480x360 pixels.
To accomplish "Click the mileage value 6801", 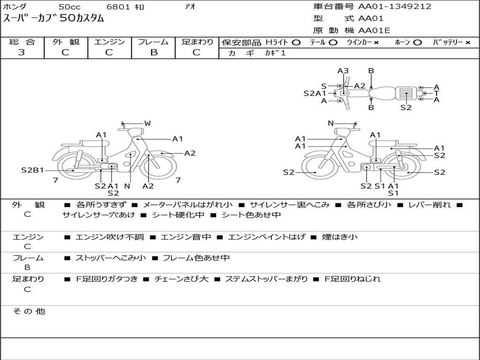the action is coord(119,7).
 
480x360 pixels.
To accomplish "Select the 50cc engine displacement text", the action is coord(69,7).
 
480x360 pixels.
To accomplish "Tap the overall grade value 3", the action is coord(22,52).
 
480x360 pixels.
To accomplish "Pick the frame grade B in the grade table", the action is coord(153,52).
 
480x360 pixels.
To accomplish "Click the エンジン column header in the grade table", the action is coord(110,42).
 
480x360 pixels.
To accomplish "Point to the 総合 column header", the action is coord(22,42).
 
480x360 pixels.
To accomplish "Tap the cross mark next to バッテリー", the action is coord(467,43).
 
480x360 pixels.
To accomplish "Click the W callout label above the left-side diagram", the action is coord(147,123).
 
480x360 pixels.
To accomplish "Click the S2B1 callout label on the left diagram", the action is coord(32,170).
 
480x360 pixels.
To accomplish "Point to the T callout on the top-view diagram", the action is coord(436,93).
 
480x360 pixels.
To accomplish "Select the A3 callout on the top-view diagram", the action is coord(343,71).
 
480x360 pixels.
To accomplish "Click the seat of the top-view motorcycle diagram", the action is coord(383,92).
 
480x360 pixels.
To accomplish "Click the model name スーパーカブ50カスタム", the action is coord(53,19).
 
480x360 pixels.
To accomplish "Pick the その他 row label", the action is coord(29,311).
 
